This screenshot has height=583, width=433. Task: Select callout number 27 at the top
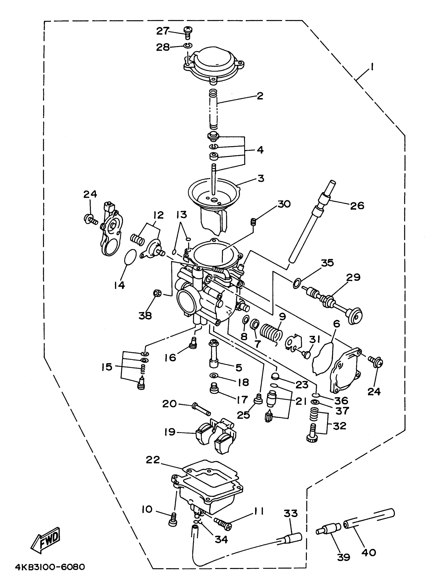[x=163, y=31]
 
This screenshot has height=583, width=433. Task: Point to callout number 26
[x=357, y=206]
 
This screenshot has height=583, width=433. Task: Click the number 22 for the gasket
[x=153, y=460]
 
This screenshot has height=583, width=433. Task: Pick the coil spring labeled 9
[x=271, y=333]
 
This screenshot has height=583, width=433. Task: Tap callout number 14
[x=119, y=285]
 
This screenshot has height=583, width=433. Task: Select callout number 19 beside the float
[x=170, y=432]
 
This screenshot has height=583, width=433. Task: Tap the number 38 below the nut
[x=145, y=316]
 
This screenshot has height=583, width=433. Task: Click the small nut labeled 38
[x=157, y=293]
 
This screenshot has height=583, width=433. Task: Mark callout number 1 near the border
[x=372, y=67]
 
